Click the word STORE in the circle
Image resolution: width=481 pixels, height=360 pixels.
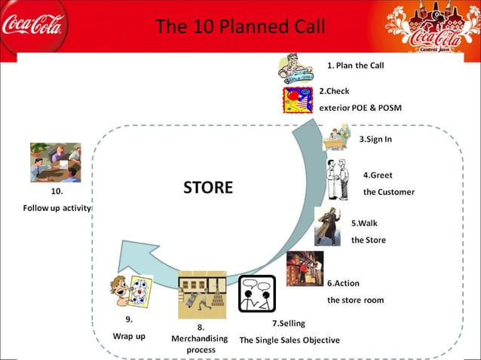point(208,188)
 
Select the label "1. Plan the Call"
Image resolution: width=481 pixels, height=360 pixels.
point(355,66)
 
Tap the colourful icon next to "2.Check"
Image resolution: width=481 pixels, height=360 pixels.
point(298,99)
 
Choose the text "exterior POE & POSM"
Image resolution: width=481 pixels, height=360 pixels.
point(360,108)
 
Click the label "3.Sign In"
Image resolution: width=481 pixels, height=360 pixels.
point(375,139)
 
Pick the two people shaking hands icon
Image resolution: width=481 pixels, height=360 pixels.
point(338,179)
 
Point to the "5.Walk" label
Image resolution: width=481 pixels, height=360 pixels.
point(364,224)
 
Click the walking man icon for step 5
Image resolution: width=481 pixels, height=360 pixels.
point(329,225)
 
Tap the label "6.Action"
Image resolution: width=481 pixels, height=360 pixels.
point(343,283)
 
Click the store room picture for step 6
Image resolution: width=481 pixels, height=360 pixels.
point(305,268)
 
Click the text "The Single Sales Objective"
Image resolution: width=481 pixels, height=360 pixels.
point(290,340)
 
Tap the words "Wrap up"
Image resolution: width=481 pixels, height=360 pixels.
point(129,336)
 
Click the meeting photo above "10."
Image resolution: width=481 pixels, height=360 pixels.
point(55,163)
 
